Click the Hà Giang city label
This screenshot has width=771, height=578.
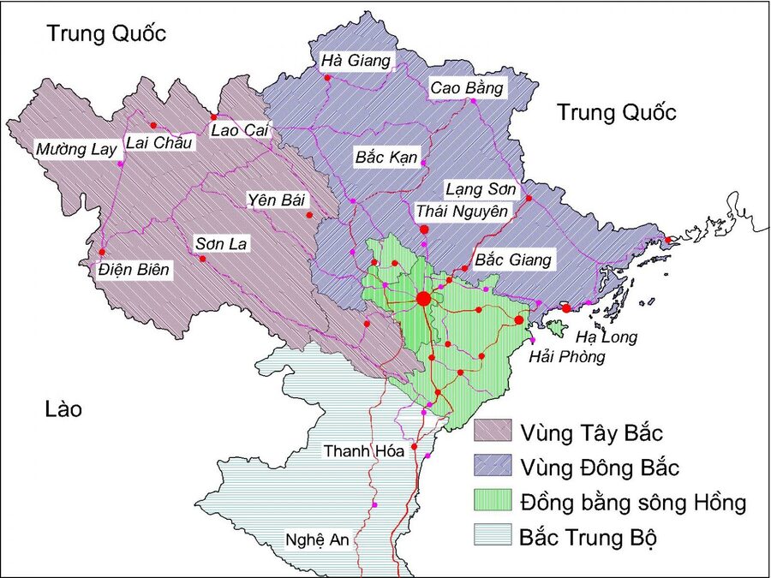click(x=356, y=61)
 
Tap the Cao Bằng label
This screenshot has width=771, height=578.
click(x=467, y=87)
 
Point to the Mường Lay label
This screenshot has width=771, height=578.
click(x=75, y=150)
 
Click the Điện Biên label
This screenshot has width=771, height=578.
click(x=134, y=271)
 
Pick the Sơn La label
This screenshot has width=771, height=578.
click(x=221, y=244)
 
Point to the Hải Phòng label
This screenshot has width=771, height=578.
click(x=567, y=357)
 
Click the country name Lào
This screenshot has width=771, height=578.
click(x=63, y=409)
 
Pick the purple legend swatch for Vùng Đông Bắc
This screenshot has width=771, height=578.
click(x=492, y=467)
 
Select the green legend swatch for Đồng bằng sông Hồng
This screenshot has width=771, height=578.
click(x=492, y=502)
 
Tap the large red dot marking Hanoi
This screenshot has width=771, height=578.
click(x=423, y=298)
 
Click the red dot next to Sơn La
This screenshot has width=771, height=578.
click(x=203, y=259)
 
